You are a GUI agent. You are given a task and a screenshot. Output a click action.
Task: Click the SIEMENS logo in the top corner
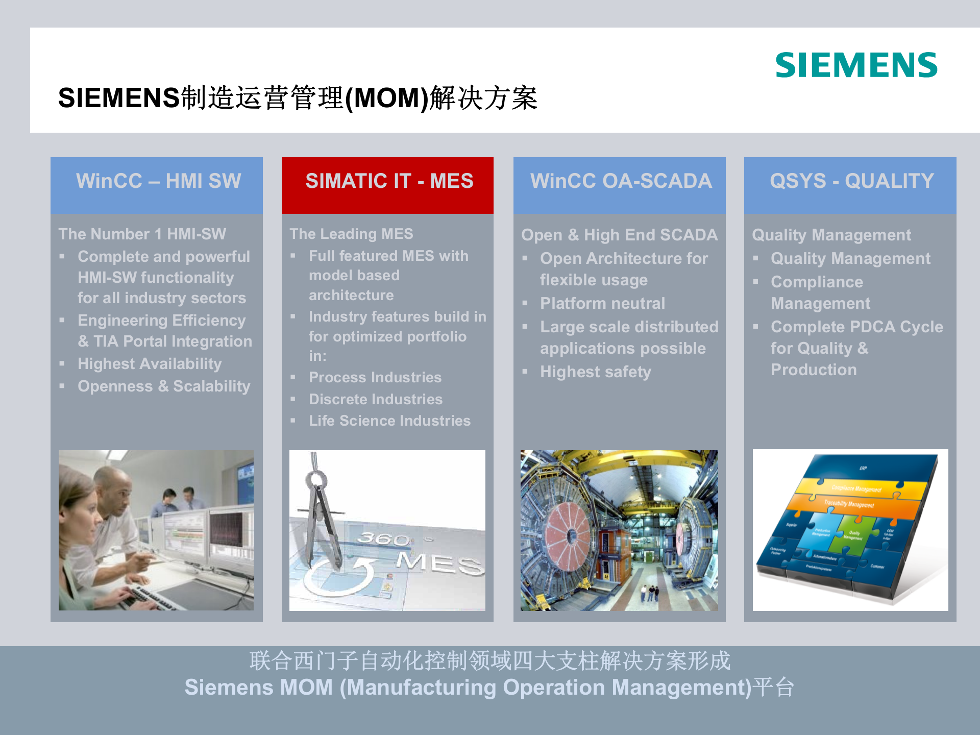856,65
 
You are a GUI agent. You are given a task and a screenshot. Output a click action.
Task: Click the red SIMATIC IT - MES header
389,181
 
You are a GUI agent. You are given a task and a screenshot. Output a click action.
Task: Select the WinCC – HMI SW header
158,181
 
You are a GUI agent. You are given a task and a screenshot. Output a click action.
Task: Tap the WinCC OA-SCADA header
621,181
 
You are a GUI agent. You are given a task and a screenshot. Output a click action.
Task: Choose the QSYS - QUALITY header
851,181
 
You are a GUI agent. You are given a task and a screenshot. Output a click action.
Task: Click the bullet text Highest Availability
150,364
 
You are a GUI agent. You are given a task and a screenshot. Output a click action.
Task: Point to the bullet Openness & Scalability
164,386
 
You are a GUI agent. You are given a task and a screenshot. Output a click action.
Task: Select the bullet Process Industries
375,378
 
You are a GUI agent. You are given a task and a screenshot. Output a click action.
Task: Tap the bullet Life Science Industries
389,421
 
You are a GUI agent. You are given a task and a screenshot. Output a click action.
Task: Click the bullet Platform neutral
602,304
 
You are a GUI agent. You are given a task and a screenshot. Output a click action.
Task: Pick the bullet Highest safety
596,372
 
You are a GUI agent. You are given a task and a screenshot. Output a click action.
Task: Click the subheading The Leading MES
351,234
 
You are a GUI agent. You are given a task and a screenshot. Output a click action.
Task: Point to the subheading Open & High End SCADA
619,235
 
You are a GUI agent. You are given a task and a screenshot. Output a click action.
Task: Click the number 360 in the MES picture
383,538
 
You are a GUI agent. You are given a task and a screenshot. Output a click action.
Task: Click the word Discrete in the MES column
337,400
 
